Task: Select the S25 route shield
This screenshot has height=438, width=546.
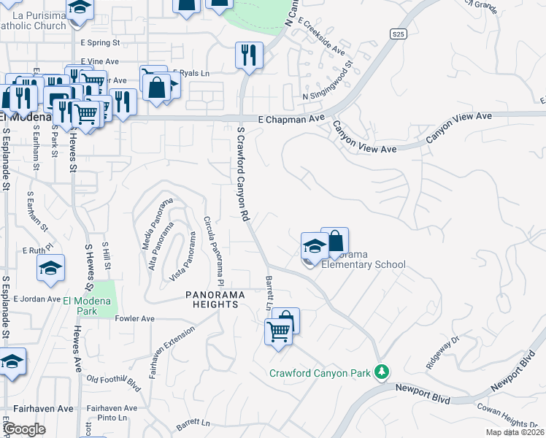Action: [x=397, y=34]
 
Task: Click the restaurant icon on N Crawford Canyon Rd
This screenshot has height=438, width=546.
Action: [x=249, y=55]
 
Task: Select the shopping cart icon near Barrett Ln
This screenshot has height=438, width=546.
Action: [x=279, y=332]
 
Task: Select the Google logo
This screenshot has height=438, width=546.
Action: [x=24, y=430]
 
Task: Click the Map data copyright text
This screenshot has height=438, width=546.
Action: [x=515, y=432]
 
